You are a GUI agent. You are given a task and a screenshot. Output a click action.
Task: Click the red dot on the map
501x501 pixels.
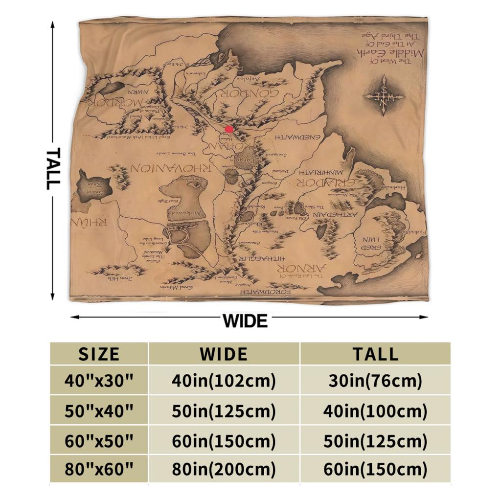point(229,129)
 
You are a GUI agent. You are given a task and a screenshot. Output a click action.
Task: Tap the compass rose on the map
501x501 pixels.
point(384,95)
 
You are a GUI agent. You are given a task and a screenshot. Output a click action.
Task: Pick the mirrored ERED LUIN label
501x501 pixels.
point(374,244)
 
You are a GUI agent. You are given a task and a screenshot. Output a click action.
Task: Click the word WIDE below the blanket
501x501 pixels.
point(245,321)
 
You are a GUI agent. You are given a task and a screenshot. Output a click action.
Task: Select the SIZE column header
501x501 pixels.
point(99,353)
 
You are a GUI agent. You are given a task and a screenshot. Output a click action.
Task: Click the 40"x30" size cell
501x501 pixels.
point(99,380)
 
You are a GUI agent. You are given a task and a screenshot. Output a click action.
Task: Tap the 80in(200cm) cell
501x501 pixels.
point(224,470)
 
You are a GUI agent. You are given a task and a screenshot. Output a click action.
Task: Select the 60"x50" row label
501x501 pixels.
point(99,440)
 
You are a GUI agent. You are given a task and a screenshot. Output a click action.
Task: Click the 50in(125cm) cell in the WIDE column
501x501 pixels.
point(224,410)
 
